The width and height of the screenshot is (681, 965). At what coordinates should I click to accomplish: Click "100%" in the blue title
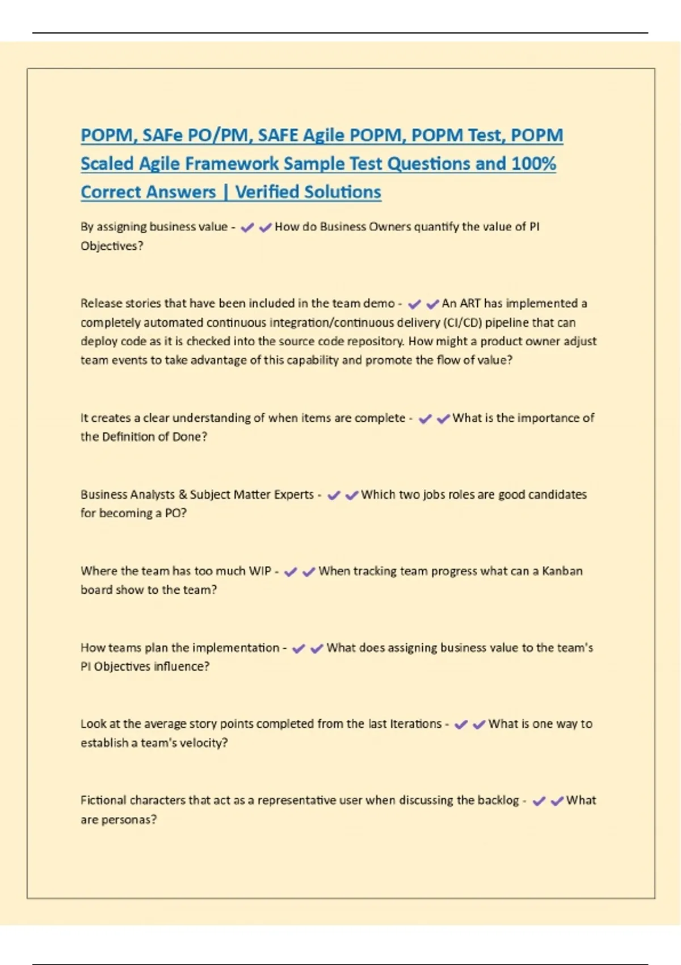coord(533,163)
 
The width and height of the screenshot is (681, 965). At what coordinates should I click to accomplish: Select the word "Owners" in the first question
coord(390,226)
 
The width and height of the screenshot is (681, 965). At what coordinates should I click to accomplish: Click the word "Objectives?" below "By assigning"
coord(112,246)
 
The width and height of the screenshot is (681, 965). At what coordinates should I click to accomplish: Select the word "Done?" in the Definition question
coord(190,437)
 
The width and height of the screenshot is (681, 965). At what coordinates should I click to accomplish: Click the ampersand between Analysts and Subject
coord(183,494)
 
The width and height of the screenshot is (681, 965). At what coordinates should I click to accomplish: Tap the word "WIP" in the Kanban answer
coord(260,570)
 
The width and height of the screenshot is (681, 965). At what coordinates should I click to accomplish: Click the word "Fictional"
coord(103,800)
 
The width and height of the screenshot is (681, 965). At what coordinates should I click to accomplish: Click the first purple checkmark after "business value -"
coord(247,228)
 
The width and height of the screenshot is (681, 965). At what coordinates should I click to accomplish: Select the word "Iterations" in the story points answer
coord(415,724)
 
